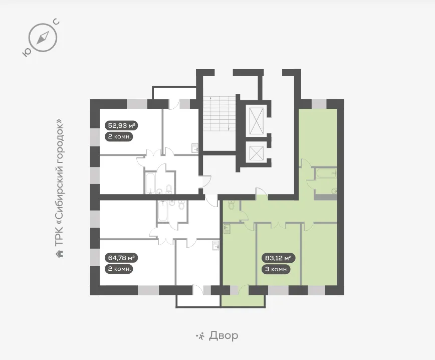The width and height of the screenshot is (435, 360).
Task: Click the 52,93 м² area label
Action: click(121, 125)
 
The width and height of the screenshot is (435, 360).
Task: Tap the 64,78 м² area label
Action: click(121, 258)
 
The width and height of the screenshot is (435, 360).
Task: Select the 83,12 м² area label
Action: click(278, 258)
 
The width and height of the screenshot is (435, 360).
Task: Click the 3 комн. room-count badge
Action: click(276, 269)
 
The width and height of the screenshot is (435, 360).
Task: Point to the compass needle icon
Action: click(43, 38)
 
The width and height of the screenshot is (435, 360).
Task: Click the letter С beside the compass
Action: click(56, 22)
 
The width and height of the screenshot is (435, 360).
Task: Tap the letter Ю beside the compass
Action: click(27, 53)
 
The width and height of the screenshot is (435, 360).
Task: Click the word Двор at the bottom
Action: click(224, 335)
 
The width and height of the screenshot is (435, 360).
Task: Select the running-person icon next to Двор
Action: click(200, 336)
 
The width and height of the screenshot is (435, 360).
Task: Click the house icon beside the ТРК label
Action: click(59, 254)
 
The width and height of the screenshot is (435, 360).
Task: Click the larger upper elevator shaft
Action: click(257, 121)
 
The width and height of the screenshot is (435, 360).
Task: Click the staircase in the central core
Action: click(220, 114)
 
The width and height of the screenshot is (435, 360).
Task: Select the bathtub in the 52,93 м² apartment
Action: click(150, 183)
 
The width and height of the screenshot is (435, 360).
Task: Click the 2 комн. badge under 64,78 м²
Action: click(119, 269)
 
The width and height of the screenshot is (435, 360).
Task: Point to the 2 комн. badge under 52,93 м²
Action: click(119, 136)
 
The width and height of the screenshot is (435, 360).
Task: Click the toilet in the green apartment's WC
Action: click(231, 205)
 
